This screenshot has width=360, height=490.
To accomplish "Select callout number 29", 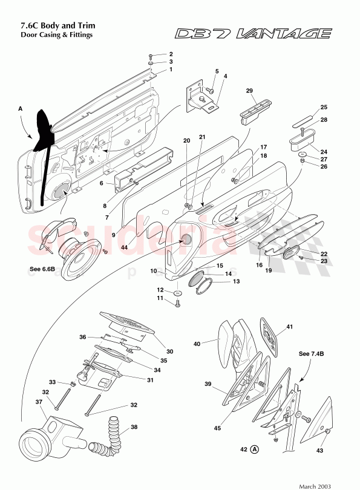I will point(249,90).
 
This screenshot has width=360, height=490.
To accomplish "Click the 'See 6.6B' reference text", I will point(42,269).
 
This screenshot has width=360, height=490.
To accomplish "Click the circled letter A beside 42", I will point(255,449).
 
